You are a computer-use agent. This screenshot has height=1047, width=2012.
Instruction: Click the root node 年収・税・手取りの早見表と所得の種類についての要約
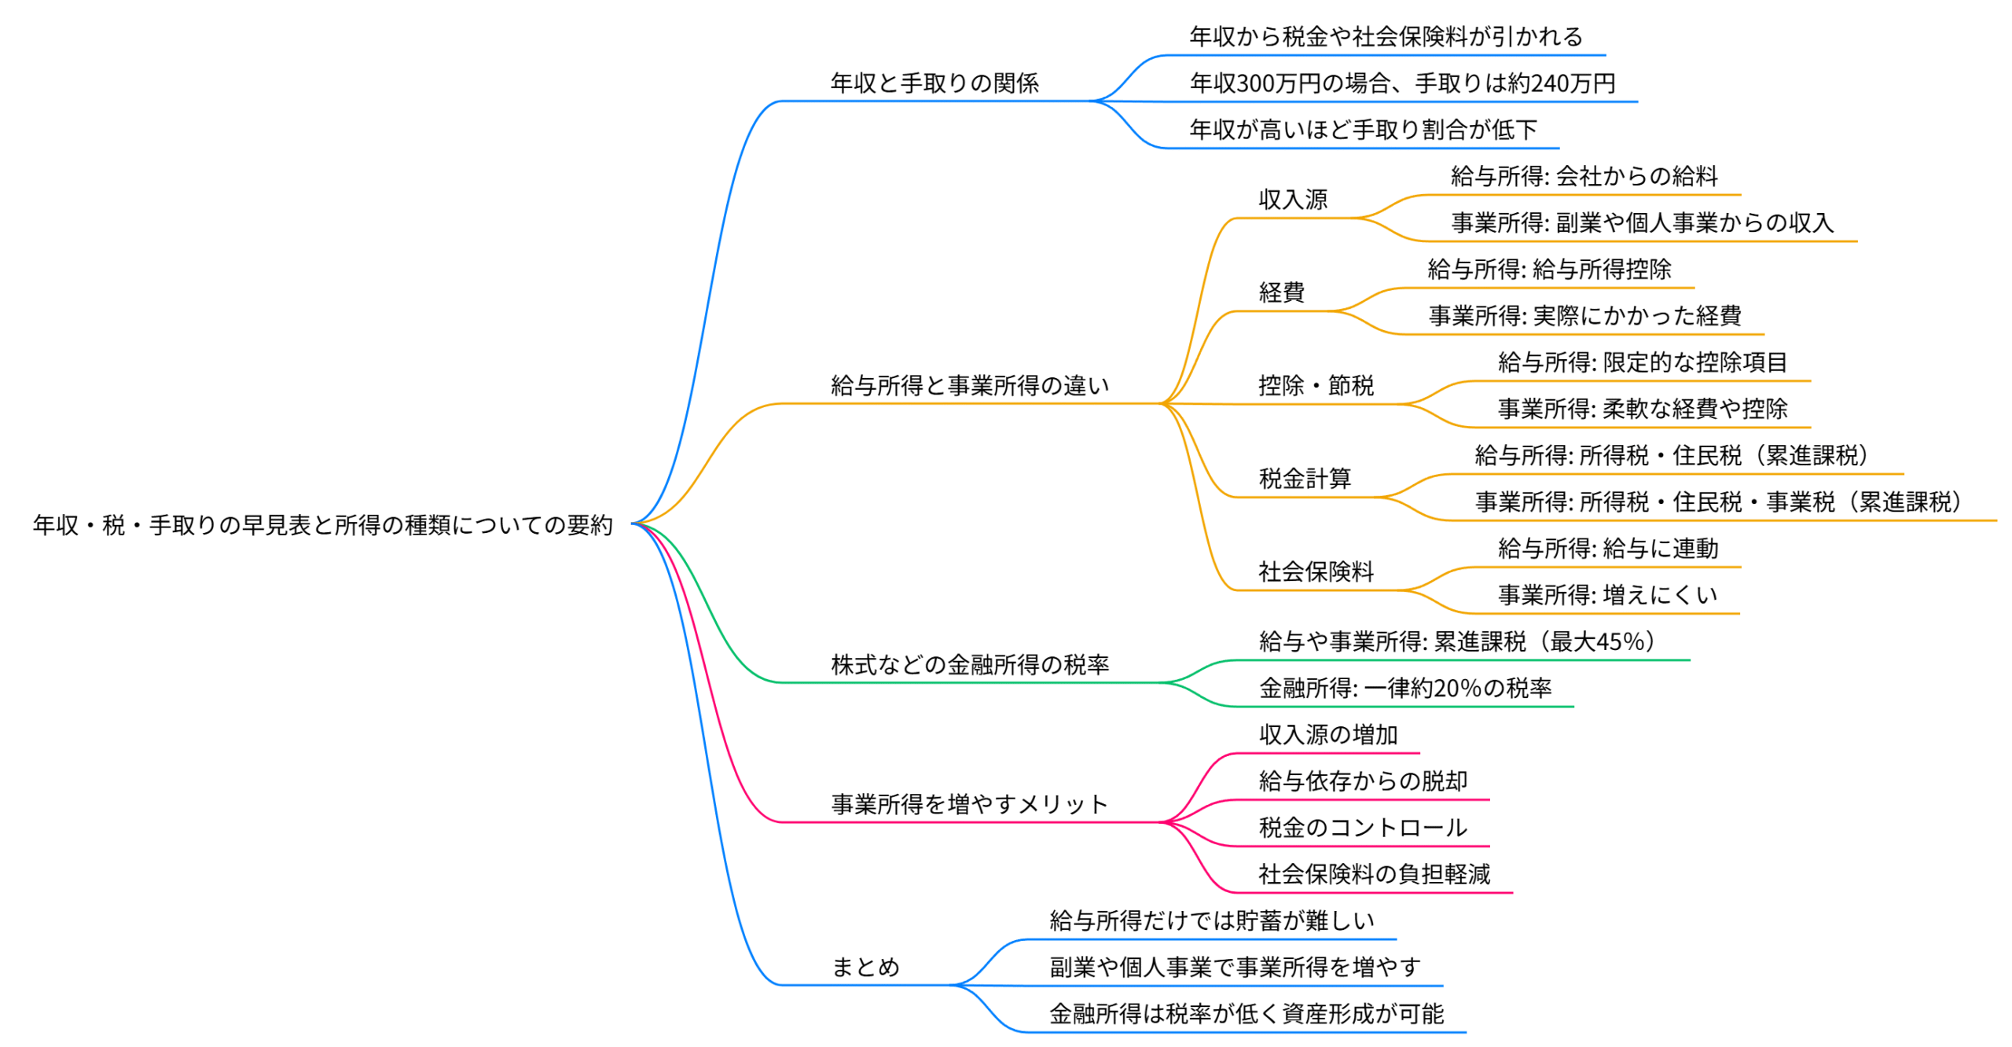(x=322, y=525)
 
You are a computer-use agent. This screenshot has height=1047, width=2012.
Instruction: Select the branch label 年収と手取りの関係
(x=934, y=83)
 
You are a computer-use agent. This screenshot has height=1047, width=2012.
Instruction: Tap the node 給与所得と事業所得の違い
(x=969, y=386)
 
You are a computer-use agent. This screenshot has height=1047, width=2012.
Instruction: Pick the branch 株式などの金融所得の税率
(x=970, y=665)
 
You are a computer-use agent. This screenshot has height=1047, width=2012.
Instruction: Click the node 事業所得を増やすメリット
(x=969, y=804)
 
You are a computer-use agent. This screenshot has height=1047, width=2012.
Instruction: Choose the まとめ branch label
(x=865, y=967)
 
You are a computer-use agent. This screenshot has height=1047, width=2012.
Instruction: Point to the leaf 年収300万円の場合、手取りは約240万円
(x=1402, y=83)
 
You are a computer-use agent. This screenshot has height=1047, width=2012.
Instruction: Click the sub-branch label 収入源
(x=1293, y=200)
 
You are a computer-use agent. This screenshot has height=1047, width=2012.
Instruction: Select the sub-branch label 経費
(x=1281, y=292)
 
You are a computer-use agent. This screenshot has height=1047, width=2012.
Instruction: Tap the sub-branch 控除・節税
(x=1316, y=386)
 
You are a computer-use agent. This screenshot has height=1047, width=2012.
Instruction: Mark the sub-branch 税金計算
(x=1305, y=479)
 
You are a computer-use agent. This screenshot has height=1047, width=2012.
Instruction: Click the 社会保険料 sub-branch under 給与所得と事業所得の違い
(x=1316, y=571)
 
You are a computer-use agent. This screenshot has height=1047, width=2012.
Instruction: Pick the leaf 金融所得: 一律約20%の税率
(x=1405, y=689)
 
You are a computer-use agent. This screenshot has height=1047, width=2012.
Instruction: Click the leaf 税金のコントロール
(x=1363, y=828)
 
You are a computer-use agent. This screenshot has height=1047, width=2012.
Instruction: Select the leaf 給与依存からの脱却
(x=1363, y=781)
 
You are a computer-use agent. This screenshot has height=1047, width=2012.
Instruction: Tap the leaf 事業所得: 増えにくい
(x=1607, y=595)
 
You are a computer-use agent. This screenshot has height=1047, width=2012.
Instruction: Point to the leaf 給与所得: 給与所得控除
(x=1549, y=270)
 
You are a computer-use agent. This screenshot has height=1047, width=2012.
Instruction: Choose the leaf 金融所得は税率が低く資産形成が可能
(x=1246, y=1014)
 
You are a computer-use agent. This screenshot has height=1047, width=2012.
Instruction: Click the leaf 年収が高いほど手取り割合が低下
(x=1363, y=130)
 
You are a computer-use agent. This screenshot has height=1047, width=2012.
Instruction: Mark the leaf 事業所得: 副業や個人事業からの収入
(x=1642, y=223)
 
